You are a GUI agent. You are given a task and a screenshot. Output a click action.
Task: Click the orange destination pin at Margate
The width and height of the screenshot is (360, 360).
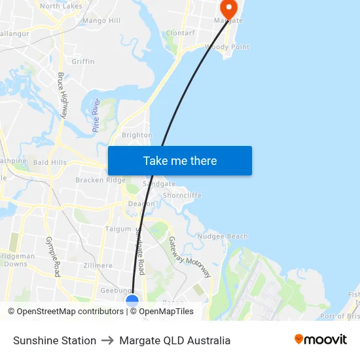pos(228,9)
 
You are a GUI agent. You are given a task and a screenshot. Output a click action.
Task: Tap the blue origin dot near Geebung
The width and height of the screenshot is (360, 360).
pos(132,301)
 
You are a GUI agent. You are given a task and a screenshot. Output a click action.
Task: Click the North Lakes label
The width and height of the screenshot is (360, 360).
pos(61,6)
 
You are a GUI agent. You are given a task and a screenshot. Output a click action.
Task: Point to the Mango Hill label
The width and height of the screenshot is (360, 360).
pos(101,21)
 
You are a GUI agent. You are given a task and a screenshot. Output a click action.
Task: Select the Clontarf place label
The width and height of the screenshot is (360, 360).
pos(180,33)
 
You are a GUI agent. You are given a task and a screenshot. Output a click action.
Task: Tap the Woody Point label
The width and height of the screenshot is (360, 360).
pos(226,47)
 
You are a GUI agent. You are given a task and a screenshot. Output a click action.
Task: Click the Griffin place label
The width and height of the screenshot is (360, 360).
pos(83,62)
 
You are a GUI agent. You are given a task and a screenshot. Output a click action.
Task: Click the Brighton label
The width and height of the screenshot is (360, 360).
pos(137,135)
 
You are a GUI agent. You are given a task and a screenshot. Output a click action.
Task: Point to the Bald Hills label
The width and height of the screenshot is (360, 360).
pos(50,162)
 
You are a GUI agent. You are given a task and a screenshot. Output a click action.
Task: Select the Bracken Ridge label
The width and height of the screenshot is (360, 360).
pos(100,180)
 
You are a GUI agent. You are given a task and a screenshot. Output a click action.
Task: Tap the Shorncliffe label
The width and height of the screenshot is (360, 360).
pos(182,195)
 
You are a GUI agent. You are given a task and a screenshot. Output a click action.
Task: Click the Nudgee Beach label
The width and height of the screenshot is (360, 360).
pos(223,236)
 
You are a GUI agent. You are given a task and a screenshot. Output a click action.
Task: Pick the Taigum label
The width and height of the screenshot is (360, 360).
pos(118,229)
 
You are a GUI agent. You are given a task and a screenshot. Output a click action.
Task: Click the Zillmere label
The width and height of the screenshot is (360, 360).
pos(98,266)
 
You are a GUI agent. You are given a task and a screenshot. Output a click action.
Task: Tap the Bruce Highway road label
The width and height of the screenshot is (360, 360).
pos(63,95)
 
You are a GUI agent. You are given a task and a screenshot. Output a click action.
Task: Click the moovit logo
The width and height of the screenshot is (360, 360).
pos(321,340)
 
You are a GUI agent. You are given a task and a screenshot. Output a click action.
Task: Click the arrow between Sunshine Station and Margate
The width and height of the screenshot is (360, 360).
pos(108,340)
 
